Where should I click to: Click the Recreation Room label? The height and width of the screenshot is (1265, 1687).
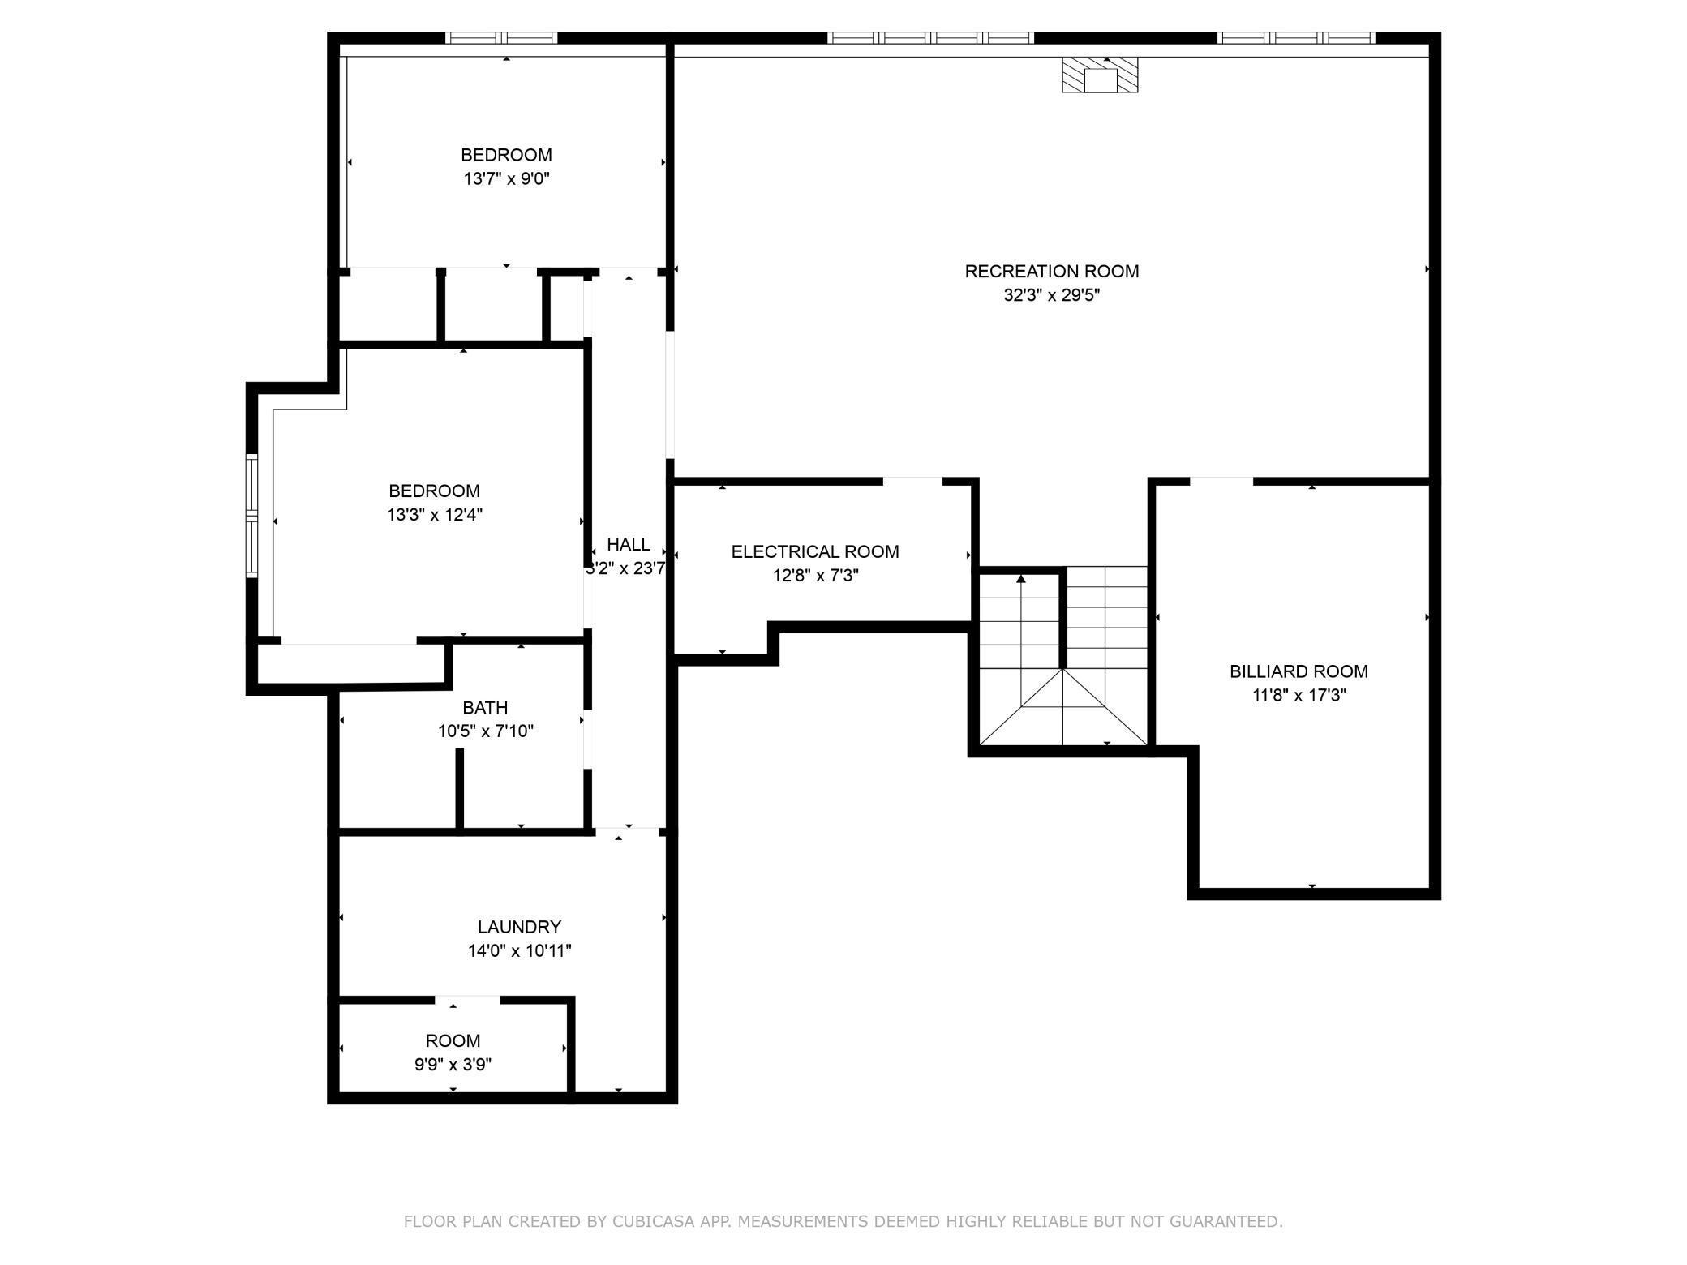click(x=1051, y=272)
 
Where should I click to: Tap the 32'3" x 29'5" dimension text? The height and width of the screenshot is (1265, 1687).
click(x=1051, y=296)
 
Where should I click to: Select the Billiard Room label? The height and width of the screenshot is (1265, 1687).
click(x=1298, y=671)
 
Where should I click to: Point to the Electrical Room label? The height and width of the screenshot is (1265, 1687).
click(x=814, y=552)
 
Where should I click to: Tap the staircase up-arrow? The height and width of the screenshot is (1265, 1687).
click(x=1021, y=579)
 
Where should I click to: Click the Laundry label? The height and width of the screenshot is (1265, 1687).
click(x=519, y=927)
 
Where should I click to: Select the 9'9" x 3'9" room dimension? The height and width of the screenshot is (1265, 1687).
click(x=453, y=1065)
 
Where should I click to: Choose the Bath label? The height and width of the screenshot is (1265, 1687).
click(x=485, y=707)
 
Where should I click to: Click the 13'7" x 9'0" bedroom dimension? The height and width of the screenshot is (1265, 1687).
click(x=506, y=179)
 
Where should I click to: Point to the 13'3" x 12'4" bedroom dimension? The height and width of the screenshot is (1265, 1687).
click(x=435, y=515)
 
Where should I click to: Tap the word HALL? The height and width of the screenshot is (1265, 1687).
click(x=628, y=545)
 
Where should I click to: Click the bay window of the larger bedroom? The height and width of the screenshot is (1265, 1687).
click(x=251, y=516)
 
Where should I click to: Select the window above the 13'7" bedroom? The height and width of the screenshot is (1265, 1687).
click(x=501, y=38)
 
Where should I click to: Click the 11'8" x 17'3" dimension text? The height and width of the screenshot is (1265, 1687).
click(x=1298, y=696)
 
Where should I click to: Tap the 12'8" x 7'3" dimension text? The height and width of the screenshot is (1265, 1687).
click(x=814, y=576)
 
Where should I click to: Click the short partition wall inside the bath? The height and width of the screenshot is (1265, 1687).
click(x=459, y=788)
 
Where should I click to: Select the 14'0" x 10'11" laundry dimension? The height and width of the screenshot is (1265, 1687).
click(x=519, y=950)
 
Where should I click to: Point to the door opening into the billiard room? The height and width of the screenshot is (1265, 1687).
click(x=1221, y=482)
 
